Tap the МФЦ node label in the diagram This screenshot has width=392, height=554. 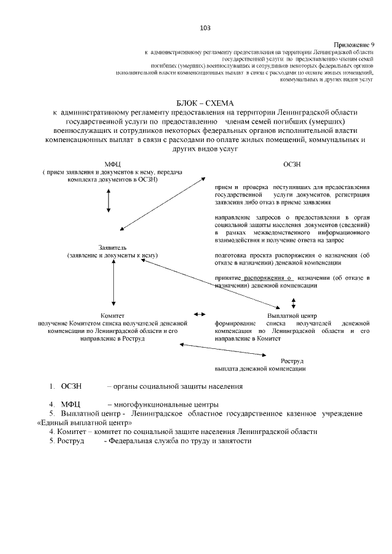[x=113, y=164]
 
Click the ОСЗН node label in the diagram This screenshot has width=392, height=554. [x=292, y=164]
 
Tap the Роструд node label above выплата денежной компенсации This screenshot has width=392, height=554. [x=292, y=361]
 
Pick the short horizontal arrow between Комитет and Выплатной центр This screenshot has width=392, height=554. [x=200, y=314]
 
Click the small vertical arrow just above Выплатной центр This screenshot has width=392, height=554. [x=293, y=302]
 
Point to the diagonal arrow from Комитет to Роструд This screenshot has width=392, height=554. [x=221, y=350]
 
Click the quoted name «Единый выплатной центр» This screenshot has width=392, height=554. [x=85, y=422]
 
